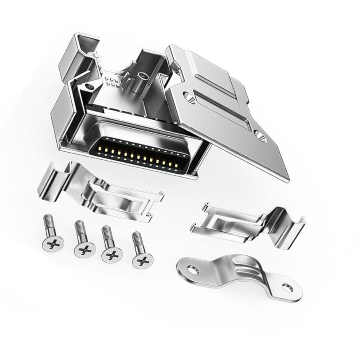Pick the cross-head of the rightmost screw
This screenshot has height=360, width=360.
(x=142, y=259)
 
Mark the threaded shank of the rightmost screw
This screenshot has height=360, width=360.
(x=137, y=241)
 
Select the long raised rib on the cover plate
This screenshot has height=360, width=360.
(x=225, y=110)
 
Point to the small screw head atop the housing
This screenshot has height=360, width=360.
(x=96, y=56)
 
